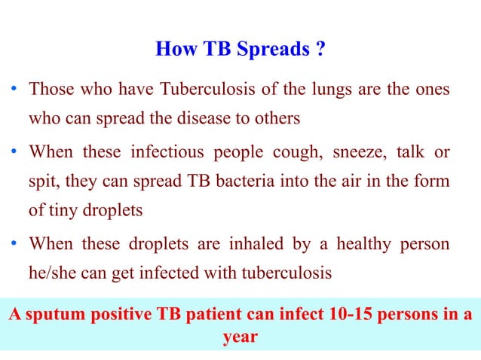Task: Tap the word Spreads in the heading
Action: (x=272, y=50)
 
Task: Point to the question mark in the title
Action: (x=320, y=50)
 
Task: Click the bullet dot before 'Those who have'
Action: (x=15, y=91)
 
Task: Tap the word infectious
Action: (x=167, y=153)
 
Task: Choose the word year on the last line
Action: (x=240, y=337)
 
